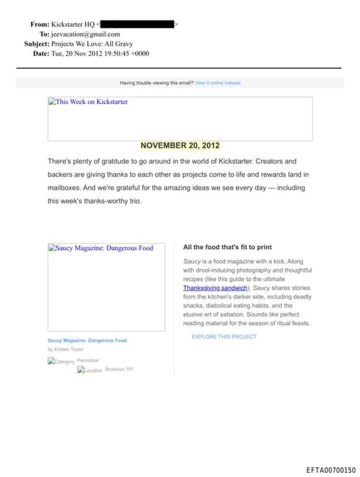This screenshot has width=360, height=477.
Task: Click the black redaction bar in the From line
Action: (x=137, y=24)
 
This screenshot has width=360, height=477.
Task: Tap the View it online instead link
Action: (x=217, y=83)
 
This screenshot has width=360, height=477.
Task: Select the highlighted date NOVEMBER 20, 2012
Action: (x=180, y=146)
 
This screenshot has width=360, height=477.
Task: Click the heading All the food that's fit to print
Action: (x=227, y=248)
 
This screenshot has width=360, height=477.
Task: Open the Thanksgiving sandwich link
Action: (x=215, y=288)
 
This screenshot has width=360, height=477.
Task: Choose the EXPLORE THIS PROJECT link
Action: (x=224, y=337)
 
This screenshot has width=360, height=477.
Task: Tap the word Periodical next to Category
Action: (x=88, y=360)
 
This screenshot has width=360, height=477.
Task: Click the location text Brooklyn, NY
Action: (x=119, y=369)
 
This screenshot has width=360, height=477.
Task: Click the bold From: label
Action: (x=39, y=24)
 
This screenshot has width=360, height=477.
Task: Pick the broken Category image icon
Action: (x=51, y=362)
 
